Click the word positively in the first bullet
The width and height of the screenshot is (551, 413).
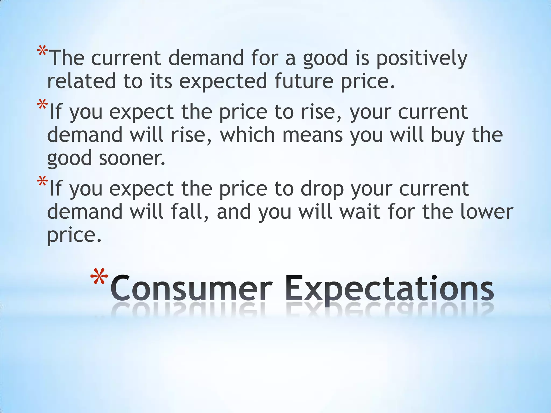[421, 58]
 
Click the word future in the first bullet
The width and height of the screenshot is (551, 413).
[304, 81]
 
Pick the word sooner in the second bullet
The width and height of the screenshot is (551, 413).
[132, 158]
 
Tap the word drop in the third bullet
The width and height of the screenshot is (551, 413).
[322, 189]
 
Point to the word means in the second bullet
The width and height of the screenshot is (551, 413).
[312, 136]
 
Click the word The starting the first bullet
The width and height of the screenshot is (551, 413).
[67, 58]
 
